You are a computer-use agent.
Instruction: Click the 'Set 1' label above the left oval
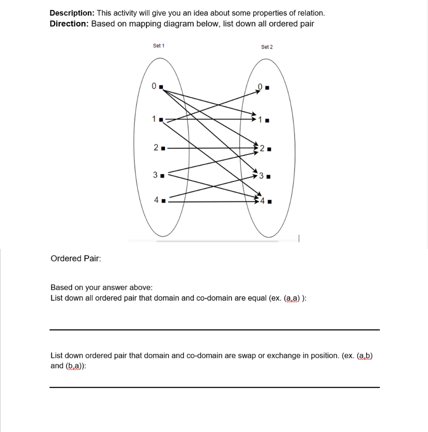pyautogui.click(x=159, y=46)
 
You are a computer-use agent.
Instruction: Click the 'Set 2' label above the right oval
pyautogui.click(x=267, y=47)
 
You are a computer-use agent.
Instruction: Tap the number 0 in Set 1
pyautogui.click(x=154, y=86)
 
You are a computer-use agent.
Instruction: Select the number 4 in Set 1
pyautogui.click(x=156, y=200)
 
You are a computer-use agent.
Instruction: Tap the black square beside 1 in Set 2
pyautogui.click(x=268, y=121)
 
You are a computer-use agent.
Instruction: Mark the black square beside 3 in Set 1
pyautogui.click(x=162, y=175)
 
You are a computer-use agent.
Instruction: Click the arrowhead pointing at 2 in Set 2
pyautogui.click(x=256, y=148)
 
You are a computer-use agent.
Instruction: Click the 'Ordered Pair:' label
pyautogui.click(x=76, y=258)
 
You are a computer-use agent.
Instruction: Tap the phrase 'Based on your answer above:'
pyautogui.click(x=101, y=287)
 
